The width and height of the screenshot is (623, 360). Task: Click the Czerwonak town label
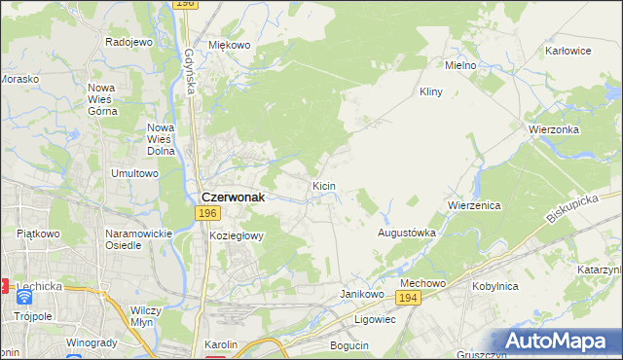233,195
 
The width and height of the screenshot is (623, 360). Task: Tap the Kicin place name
324,185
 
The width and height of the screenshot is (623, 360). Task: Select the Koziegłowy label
237,235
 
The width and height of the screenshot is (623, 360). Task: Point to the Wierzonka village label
554,128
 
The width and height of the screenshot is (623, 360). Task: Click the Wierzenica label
473,206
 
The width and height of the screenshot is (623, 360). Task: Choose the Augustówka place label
406,234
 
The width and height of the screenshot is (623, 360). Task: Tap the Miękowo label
230,45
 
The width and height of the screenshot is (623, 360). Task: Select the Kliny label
431,91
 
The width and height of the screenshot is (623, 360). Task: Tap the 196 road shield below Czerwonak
205,213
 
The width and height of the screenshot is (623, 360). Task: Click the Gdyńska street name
189,71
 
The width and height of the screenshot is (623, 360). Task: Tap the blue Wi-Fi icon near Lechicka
23,297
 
